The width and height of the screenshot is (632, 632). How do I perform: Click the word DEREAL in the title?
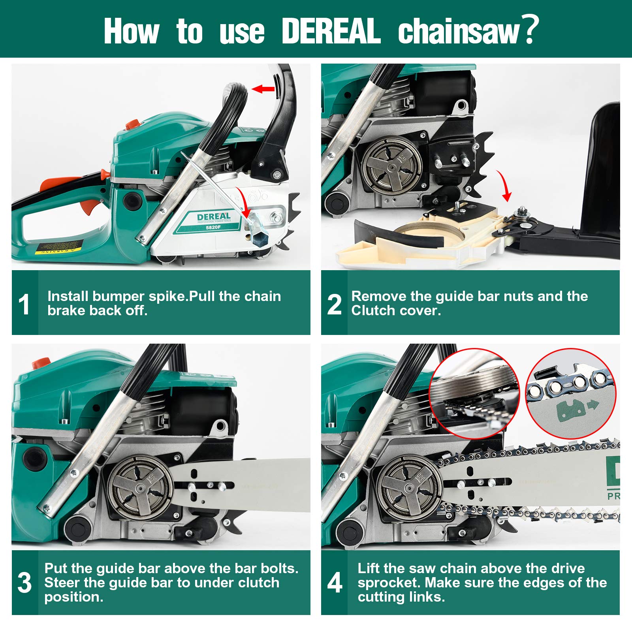(331, 32)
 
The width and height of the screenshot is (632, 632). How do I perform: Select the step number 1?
(24, 304)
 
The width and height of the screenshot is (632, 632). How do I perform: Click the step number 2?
(334, 304)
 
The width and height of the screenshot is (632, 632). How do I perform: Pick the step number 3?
(24, 583)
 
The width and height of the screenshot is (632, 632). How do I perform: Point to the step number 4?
(335, 583)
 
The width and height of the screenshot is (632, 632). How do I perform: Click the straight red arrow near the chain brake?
(263, 89)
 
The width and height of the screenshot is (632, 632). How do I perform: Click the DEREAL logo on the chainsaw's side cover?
(213, 217)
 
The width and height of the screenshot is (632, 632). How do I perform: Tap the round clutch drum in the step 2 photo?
(392, 164)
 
